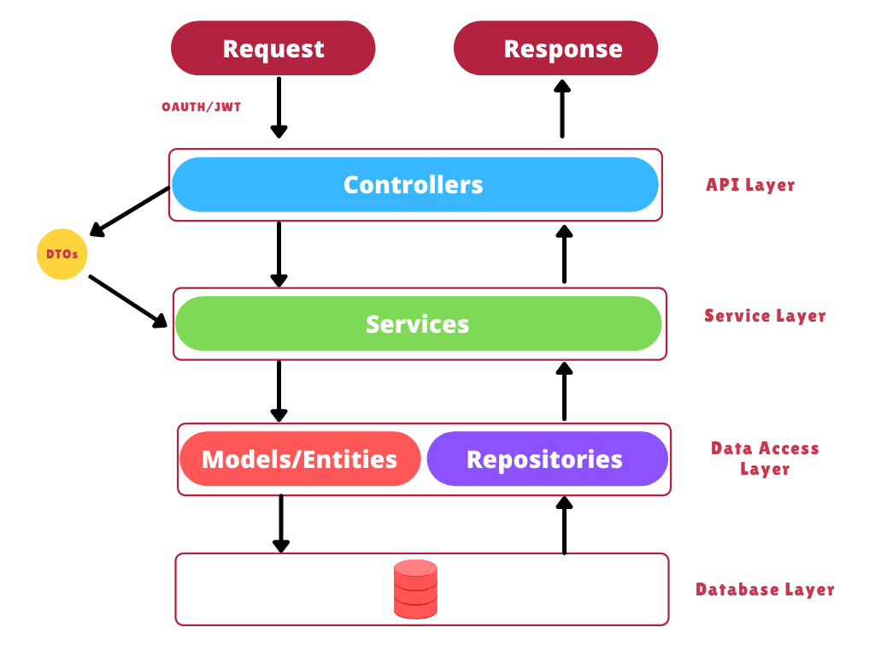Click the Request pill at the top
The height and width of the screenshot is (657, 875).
point(273,49)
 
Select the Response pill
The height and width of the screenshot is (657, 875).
point(555,49)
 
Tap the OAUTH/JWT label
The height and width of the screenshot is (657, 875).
point(202,107)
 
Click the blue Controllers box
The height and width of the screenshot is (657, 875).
point(415,185)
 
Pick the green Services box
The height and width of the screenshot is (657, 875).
point(418,324)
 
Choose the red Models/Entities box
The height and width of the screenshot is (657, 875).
point(300,459)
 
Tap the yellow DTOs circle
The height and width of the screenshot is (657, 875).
point(62,254)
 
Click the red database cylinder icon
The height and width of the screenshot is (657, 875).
point(416,589)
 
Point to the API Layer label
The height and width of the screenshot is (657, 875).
point(750,185)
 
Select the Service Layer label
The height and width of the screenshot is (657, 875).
point(765,316)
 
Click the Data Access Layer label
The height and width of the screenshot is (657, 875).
point(765,459)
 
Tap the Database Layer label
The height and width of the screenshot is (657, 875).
point(765,589)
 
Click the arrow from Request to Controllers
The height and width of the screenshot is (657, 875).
point(279,107)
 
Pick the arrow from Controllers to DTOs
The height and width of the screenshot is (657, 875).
point(131,210)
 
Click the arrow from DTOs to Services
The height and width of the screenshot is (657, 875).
point(128,300)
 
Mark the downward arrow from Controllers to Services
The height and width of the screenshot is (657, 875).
point(279,254)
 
